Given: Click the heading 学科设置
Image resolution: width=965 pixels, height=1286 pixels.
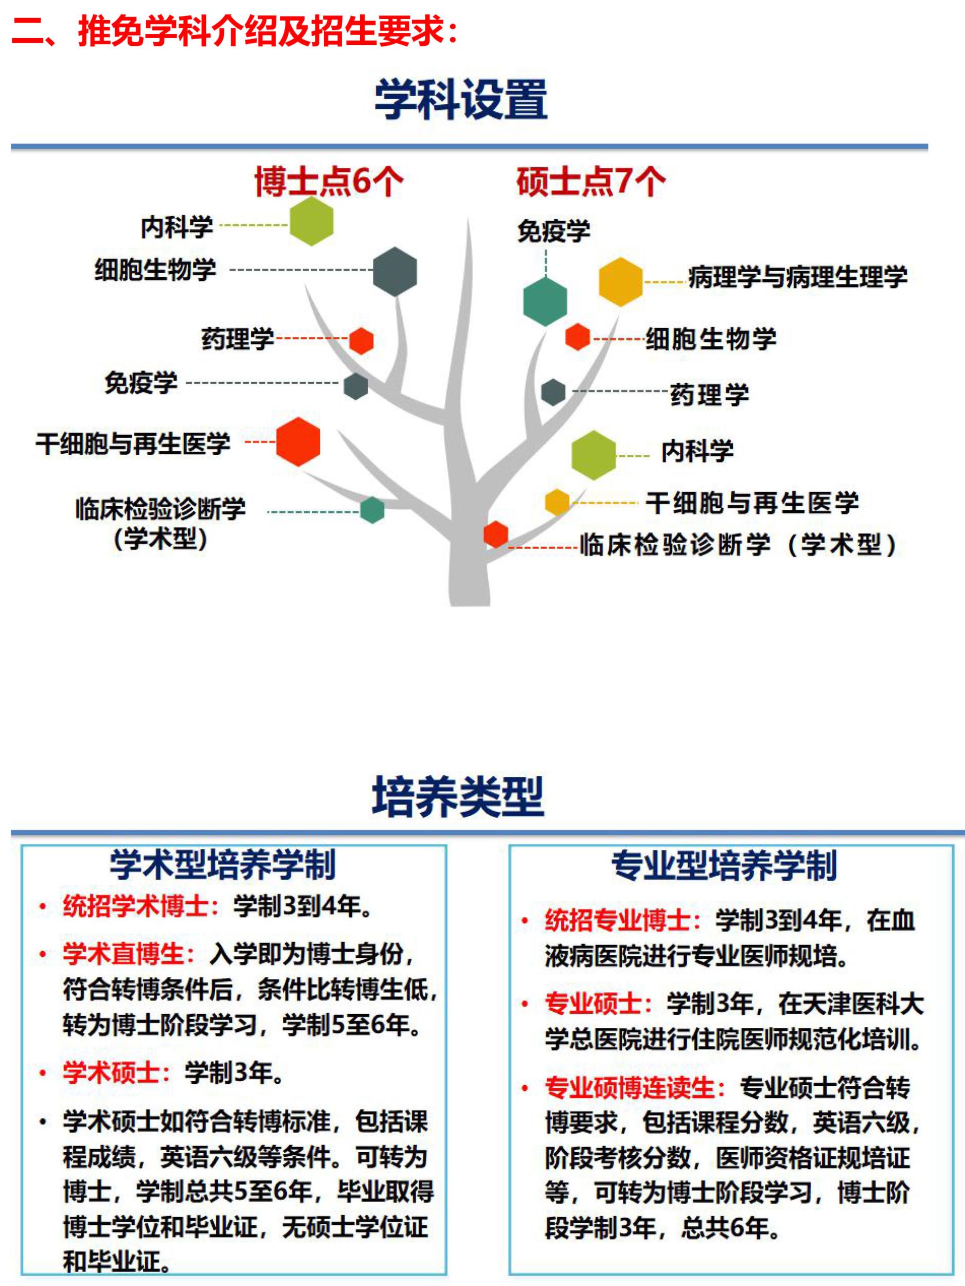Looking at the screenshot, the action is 461,99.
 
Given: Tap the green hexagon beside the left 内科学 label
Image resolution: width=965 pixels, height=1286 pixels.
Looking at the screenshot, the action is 312,221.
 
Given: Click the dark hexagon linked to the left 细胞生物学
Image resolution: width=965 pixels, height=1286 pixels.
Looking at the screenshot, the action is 395,272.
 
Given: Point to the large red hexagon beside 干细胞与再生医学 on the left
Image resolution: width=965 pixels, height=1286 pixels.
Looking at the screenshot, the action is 298,441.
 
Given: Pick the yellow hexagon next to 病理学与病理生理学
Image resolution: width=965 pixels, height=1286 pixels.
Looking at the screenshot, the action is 621,281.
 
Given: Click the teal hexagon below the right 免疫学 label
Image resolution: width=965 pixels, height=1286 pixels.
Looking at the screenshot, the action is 545,301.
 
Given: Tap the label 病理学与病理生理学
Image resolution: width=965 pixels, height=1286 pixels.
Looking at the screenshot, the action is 798,277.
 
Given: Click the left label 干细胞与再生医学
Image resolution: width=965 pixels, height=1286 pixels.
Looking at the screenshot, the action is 133,443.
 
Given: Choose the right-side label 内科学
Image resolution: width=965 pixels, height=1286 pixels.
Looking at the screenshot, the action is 698,451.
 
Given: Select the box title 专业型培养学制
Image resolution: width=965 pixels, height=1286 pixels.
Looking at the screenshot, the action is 724,866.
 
